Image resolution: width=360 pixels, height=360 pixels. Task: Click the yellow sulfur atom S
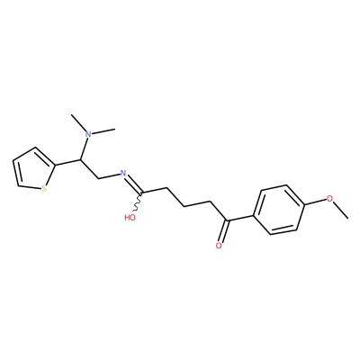coord(44,189)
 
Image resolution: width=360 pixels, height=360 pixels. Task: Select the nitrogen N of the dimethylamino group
coord(88,134)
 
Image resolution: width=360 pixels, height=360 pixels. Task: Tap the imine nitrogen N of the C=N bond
coord(122,173)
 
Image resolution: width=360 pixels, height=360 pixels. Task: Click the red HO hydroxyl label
coord(130,217)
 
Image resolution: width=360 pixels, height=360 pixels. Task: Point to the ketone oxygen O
coord(219,246)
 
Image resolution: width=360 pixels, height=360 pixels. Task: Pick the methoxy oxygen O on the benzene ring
coord(329,199)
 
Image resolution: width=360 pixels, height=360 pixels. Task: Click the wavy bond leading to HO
coord(138,202)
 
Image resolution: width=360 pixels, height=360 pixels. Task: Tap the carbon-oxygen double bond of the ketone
coord(223,231)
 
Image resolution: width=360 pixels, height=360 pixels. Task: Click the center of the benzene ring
coord(279,210)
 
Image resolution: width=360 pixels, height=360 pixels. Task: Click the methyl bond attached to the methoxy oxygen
coord(341,210)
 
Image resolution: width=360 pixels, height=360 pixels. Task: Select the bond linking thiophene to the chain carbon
coord(68,162)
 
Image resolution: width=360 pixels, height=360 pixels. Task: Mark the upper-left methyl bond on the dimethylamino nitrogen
coord(78,122)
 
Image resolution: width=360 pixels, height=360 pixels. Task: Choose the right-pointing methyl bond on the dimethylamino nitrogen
coord(103,131)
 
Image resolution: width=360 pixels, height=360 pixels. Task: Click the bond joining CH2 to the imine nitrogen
coord(109,176)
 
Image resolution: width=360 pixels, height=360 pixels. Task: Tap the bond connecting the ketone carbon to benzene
coord(240,218)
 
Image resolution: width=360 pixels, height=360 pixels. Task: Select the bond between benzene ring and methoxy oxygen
coord(316,202)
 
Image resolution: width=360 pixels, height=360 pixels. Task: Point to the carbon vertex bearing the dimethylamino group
coord(81,159)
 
